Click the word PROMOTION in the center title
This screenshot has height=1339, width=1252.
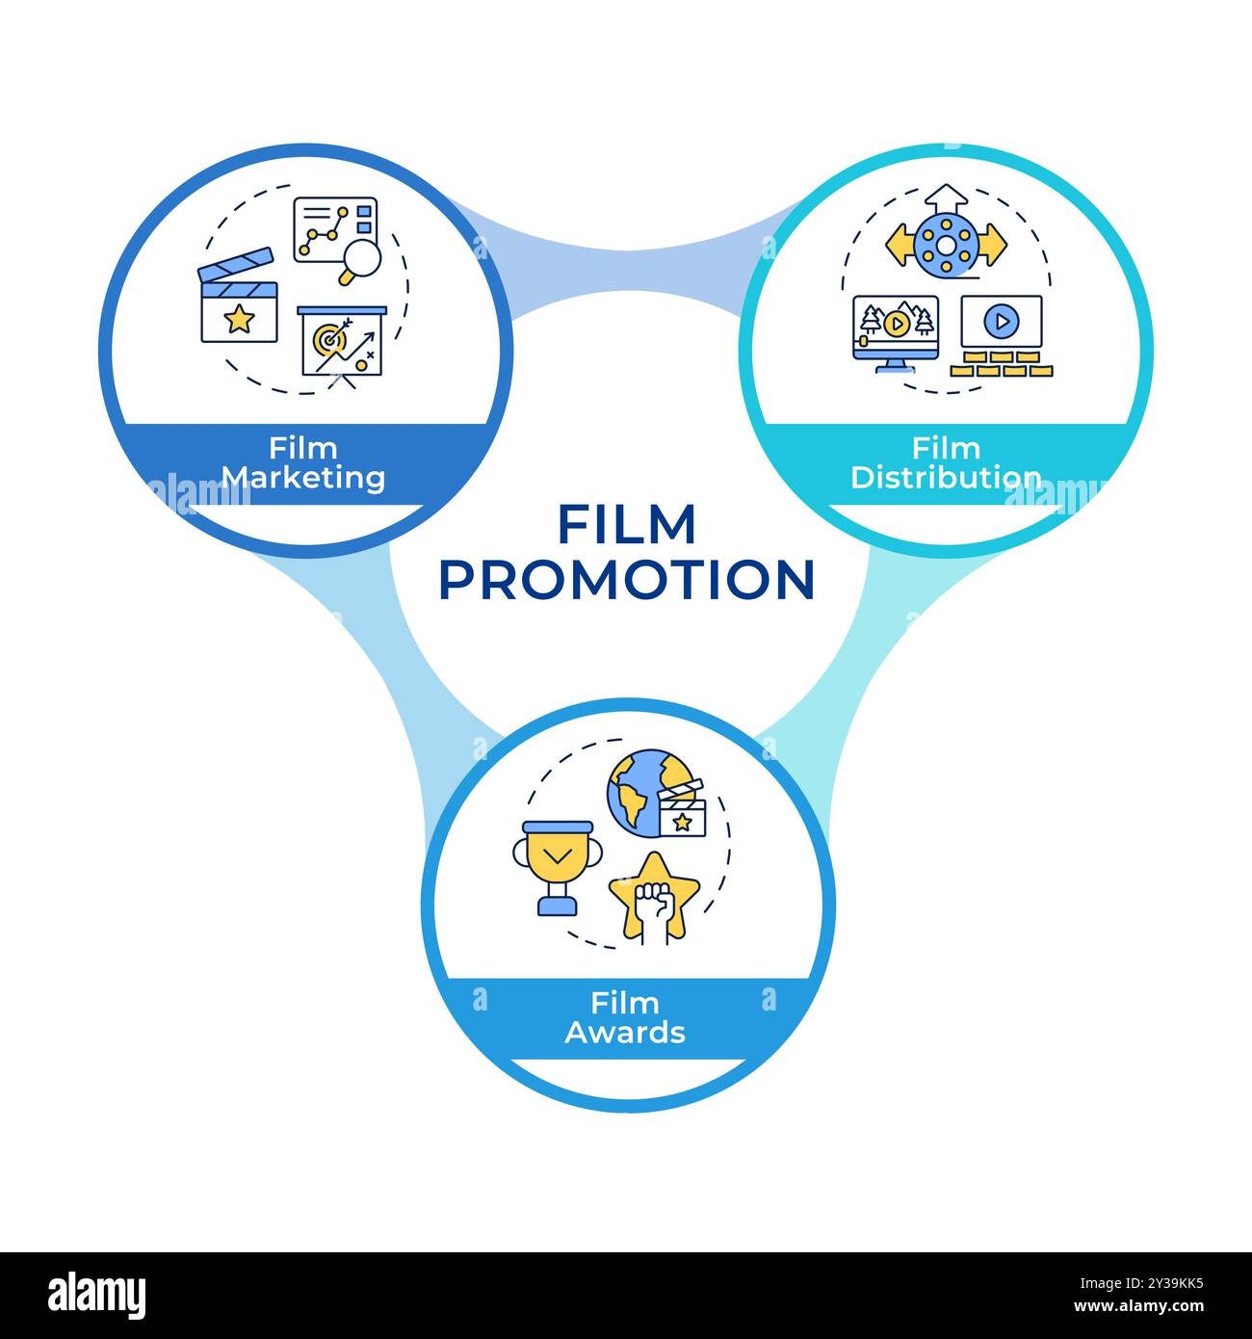coord(626,579)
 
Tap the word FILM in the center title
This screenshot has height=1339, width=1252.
coord(626,525)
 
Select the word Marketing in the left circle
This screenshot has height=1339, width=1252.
coord(303,477)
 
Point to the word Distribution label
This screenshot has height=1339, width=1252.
coord(946,477)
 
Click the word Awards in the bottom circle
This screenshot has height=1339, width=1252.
coord(625,1033)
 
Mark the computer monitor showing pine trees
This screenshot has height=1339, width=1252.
coord(896,328)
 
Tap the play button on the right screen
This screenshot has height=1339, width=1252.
coord(1002,321)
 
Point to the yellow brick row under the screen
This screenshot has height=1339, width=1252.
coord(1002,363)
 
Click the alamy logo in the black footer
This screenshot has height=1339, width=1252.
coord(97,1295)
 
